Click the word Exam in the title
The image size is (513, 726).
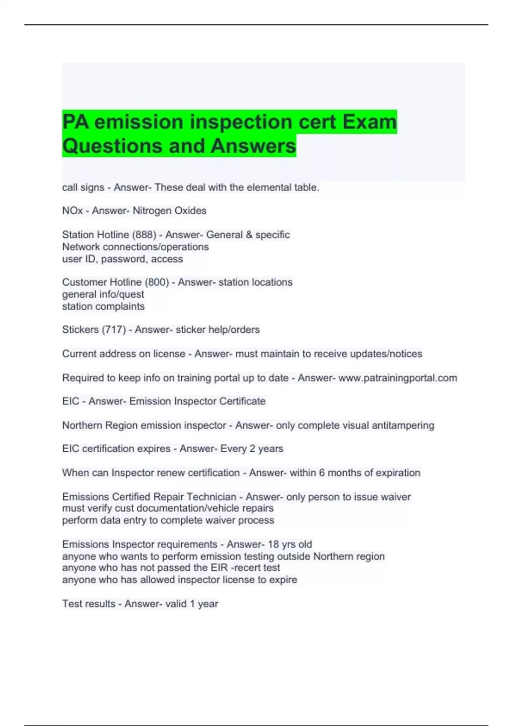(x=369, y=122)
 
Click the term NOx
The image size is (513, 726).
(x=72, y=211)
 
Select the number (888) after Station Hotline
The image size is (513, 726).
(x=144, y=235)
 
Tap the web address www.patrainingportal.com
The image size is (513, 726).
(x=398, y=378)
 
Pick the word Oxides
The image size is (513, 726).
(x=191, y=211)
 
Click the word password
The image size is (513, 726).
(x=124, y=259)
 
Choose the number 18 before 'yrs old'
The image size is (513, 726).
(x=273, y=544)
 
